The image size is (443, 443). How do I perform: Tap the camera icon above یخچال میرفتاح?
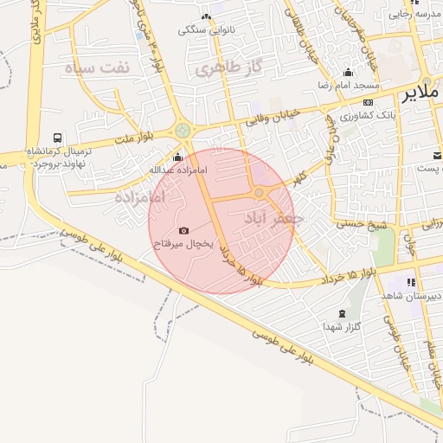click(x=183, y=230)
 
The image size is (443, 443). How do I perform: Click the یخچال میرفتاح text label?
click(x=183, y=245)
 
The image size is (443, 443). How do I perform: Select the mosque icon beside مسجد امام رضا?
click(x=348, y=73)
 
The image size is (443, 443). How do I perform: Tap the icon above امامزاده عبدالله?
click(x=177, y=157)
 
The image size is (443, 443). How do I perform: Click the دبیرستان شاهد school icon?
click(x=411, y=282)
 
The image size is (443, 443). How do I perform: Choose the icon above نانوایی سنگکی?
click(x=206, y=16)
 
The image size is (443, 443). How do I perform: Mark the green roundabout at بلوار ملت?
click(x=183, y=131)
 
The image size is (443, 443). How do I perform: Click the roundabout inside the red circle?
click(x=260, y=192)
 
